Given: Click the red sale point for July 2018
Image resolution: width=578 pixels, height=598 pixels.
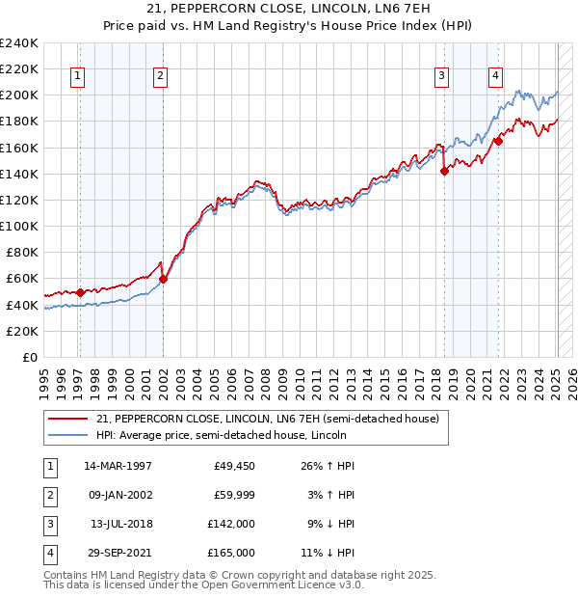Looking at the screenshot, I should (444, 172).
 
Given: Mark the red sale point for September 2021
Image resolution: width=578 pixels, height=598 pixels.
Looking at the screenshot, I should (499, 141).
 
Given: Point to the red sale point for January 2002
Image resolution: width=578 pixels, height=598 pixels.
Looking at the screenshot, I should (163, 280).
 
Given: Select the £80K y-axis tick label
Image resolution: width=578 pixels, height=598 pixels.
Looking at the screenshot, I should (22, 253).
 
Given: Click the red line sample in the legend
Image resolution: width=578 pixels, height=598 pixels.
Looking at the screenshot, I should (67, 419).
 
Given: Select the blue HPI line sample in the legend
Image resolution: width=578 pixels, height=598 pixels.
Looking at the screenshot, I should (67, 435).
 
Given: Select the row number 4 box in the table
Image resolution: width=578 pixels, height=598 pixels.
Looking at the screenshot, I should (49, 553).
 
